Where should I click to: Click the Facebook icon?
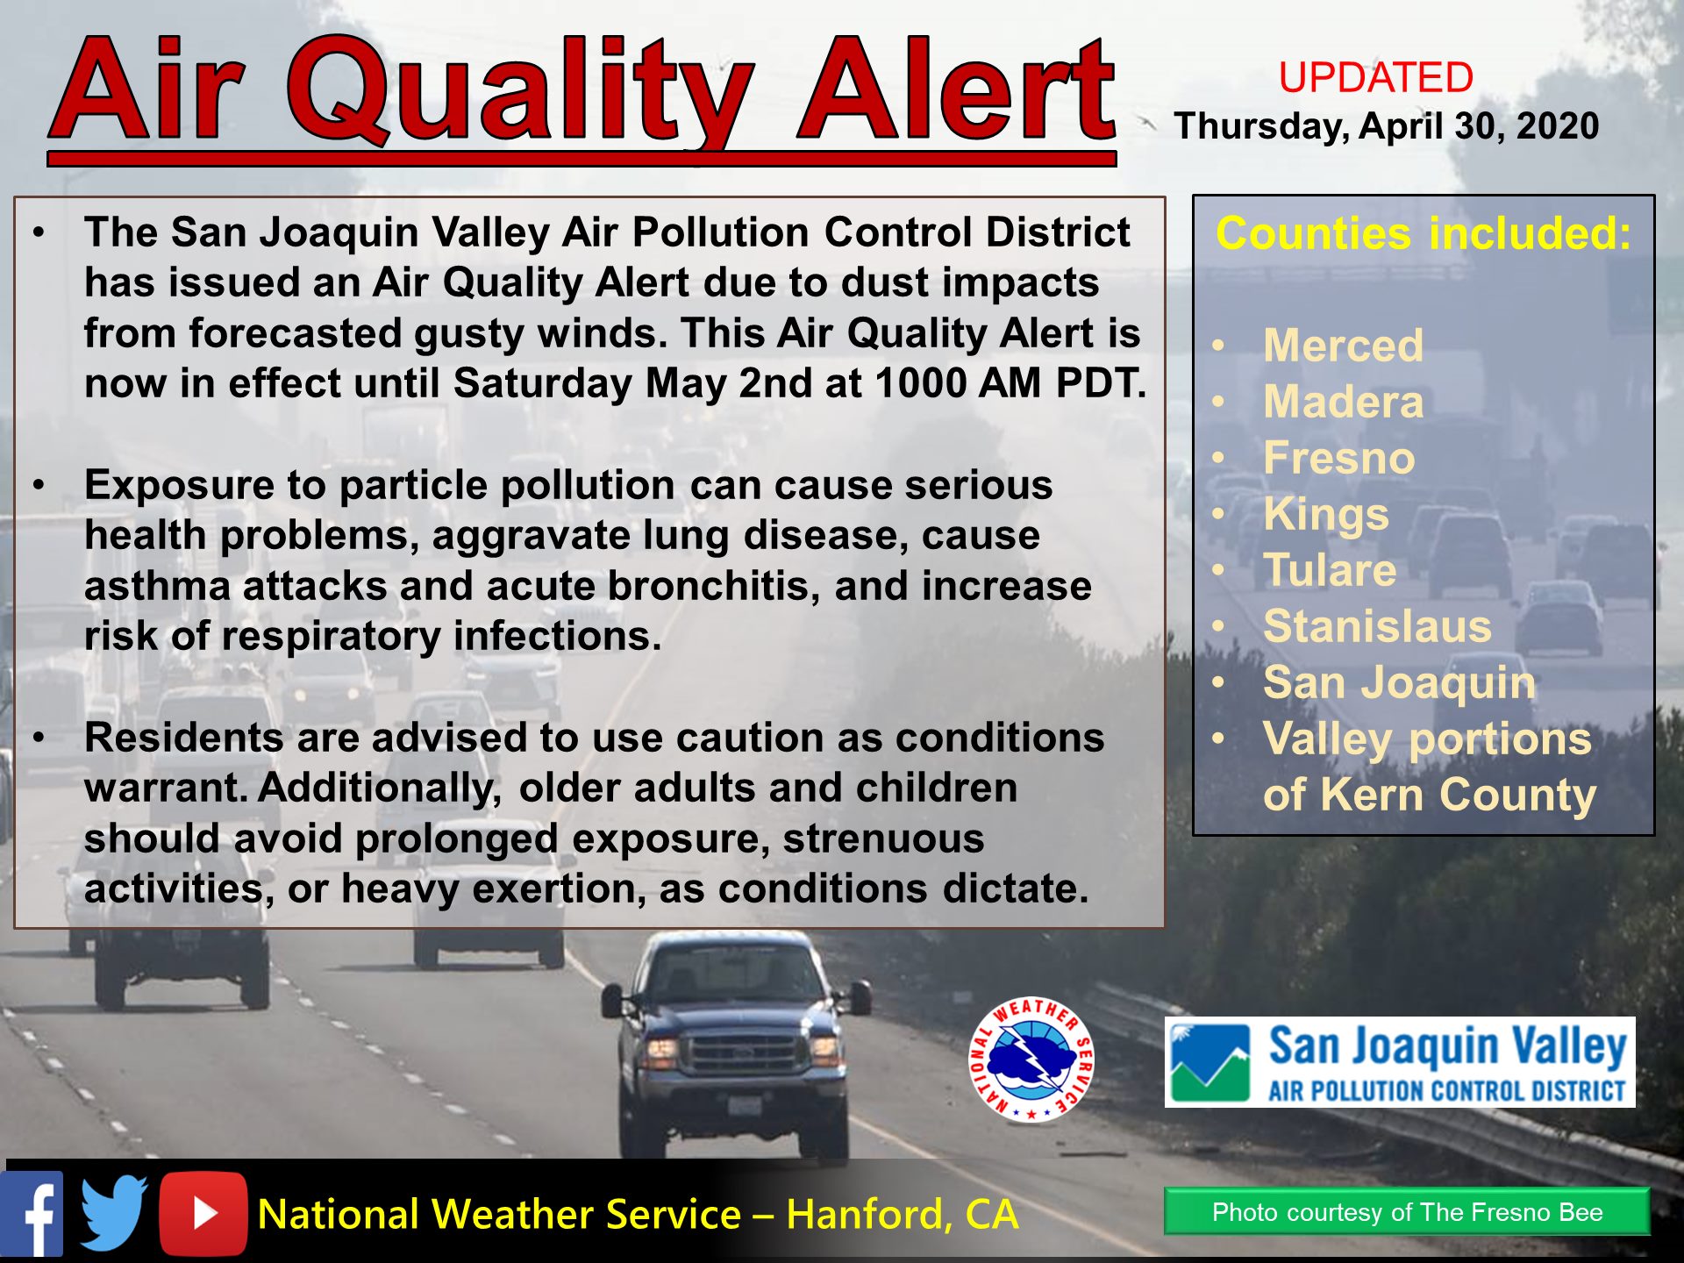pos(32,1214)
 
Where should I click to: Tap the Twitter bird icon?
pos(114,1213)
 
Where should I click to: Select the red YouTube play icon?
pos(203,1214)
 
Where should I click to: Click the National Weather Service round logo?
pos(1031,1060)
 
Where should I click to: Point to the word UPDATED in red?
pos(1375,77)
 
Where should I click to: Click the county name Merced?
pos(1343,346)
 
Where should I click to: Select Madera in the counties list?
pos(1343,402)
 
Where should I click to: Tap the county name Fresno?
pos(1339,458)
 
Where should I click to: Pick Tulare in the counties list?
pos(1330,570)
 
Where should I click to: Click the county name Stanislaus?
pos(1377,626)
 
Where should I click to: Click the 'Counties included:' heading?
pos(1424,234)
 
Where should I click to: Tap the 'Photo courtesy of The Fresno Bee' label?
pos(1407,1212)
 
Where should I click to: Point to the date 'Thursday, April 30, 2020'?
pos(1387,126)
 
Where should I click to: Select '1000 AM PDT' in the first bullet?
pos(1010,383)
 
